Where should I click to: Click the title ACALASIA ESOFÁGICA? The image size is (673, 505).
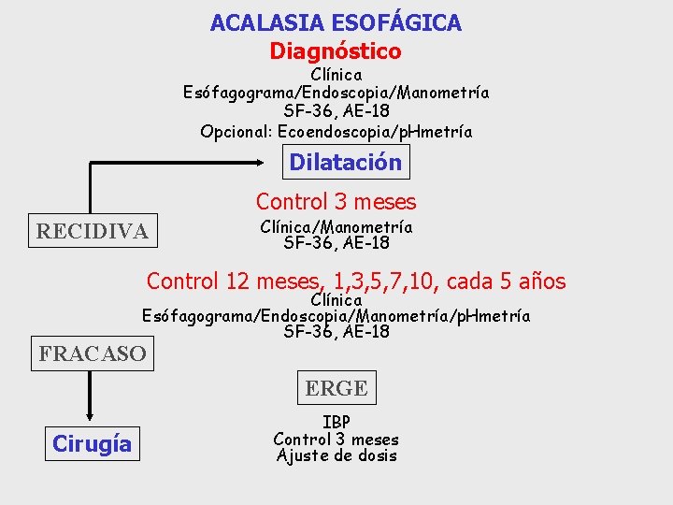click(336, 22)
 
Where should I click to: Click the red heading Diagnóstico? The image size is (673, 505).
click(336, 50)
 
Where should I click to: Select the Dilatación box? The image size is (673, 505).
click(345, 162)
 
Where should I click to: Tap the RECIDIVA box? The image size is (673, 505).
click(92, 230)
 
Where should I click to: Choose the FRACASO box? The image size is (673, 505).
click(93, 353)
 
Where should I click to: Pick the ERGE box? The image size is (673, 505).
click(336, 387)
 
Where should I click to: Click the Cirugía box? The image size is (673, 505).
click(92, 443)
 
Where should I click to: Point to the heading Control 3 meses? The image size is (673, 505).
click(336, 201)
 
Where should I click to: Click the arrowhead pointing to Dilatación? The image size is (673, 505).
click(277, 163)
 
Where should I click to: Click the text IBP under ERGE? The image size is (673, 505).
click(336, 423)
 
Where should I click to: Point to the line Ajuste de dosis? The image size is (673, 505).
click(336, 455)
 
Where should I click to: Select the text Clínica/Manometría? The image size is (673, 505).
click(336, 226)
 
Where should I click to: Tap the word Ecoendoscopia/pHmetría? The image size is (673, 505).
click(408, 131)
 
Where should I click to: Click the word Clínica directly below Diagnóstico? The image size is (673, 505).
click(336, 73)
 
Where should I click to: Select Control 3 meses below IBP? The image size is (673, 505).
click(336, 440)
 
